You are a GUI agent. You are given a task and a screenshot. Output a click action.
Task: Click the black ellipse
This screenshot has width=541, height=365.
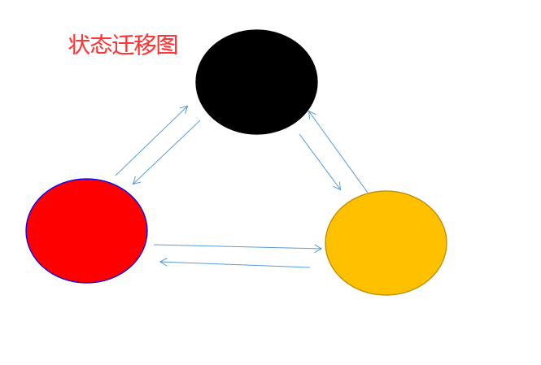pyautogui.click(x=256, y=82)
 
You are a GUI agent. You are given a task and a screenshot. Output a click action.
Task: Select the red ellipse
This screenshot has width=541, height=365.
pyautogui.click(x=86, y=231)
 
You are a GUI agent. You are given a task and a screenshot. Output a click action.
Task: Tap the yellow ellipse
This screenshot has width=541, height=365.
pyautogui.click(x=386, y=243)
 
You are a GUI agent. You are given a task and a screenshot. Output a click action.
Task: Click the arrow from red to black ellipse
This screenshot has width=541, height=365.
pyautogui.click(x=151, y=141)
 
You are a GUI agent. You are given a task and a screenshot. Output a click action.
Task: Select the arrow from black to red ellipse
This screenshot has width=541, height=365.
pyautogui.click(x=167, y=152)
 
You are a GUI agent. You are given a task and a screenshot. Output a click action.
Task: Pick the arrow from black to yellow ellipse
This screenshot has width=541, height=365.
pyautogui.click(x=320, y=162)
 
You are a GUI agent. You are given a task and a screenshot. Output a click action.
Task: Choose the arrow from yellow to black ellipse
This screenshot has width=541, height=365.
pyautogui.click(x=338, y=152)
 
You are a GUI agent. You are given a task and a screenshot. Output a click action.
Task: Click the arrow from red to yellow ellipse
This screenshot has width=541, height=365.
pyautogui.click(x=238, y=246)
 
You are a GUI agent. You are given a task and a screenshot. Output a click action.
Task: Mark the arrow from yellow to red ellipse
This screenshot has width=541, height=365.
pyautogui.click(x=235, y=264)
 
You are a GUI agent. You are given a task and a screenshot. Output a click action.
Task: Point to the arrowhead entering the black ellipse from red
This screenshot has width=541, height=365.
pyautogui.click(x=185, y=109)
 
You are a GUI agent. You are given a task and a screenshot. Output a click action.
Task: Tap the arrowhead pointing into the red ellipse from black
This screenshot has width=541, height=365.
pyautogui.click(x=136, y=180)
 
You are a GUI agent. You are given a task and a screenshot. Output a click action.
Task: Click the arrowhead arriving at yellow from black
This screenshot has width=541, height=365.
pyautogui.click(x=338, y=187)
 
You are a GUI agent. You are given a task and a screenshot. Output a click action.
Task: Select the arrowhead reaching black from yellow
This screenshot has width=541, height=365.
pyautogui.click(x=311, y=114)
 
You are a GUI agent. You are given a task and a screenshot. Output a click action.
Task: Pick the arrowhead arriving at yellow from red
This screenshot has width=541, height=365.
pyautogui.click(x=318, y=248)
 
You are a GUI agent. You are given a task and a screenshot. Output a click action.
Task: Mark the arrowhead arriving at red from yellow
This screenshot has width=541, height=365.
pyautogui.click(x=164, y=262)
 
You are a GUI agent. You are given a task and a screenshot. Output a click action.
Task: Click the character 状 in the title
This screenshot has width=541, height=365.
pyautogui.click(x=79, y=45)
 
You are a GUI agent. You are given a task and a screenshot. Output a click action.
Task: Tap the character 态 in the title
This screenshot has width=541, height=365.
pyautogui.click(x=101, y=45)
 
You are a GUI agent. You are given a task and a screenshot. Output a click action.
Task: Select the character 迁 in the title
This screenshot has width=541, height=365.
pyautogui.click(x=123, y=45)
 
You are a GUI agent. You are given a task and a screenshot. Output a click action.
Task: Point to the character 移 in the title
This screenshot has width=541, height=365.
pyautogui.click(x=145, y=45)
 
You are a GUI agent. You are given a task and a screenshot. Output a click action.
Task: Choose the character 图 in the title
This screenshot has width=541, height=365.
pyautogui.click(x=167, y=45)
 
